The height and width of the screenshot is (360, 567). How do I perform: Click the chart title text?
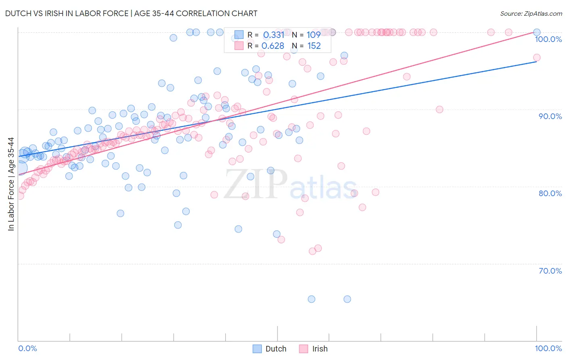point(131,13)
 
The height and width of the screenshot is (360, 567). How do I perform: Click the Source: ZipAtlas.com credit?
point(531,14)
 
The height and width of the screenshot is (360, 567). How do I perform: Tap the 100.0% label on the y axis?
point(548,39)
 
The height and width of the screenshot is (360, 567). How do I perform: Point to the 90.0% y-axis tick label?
point(550,116)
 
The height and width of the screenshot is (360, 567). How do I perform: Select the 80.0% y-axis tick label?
point(550,193)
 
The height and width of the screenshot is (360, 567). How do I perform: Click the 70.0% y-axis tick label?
point(550,271)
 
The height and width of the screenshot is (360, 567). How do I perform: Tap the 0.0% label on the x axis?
point(27,348)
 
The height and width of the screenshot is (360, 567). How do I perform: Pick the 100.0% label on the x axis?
point(548,348)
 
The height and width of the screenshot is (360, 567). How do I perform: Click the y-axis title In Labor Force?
point(11,184)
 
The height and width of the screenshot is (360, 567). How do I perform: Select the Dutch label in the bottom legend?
point(276,349)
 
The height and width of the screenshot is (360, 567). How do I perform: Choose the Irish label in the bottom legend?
point(320,349)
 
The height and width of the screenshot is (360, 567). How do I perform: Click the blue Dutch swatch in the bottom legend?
point(257,349)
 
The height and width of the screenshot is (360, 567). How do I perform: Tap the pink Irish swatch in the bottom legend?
point(303,349)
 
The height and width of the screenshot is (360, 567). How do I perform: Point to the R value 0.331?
point(274,35)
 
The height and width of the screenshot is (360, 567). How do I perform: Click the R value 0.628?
point(273,46)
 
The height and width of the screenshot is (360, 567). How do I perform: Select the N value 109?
point(314,35)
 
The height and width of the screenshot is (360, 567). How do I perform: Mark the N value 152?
point(314,46)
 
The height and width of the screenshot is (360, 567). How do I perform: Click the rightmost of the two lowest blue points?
point(347,299)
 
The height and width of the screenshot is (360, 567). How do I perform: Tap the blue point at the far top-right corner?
point(537,32)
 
